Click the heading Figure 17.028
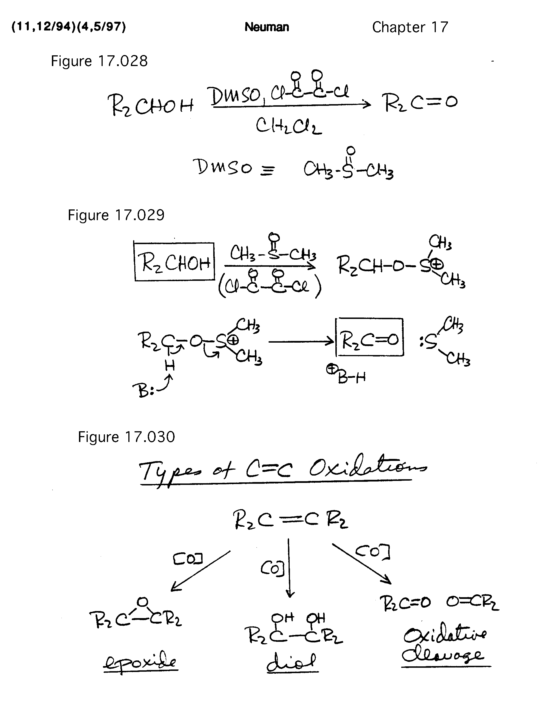(99, 61)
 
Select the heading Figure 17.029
(116, 215)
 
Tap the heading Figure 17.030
(126, 437)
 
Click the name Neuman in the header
(267, 27)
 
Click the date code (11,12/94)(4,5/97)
(69, 27)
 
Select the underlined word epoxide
(140, 662)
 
